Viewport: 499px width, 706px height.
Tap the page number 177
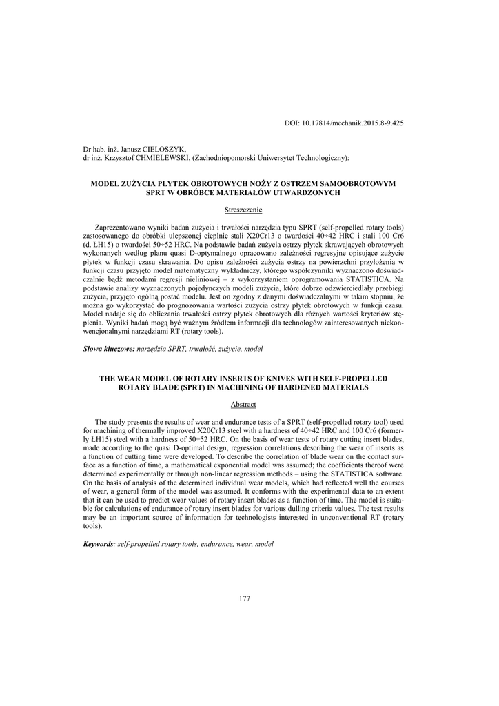tap(244, 598)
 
